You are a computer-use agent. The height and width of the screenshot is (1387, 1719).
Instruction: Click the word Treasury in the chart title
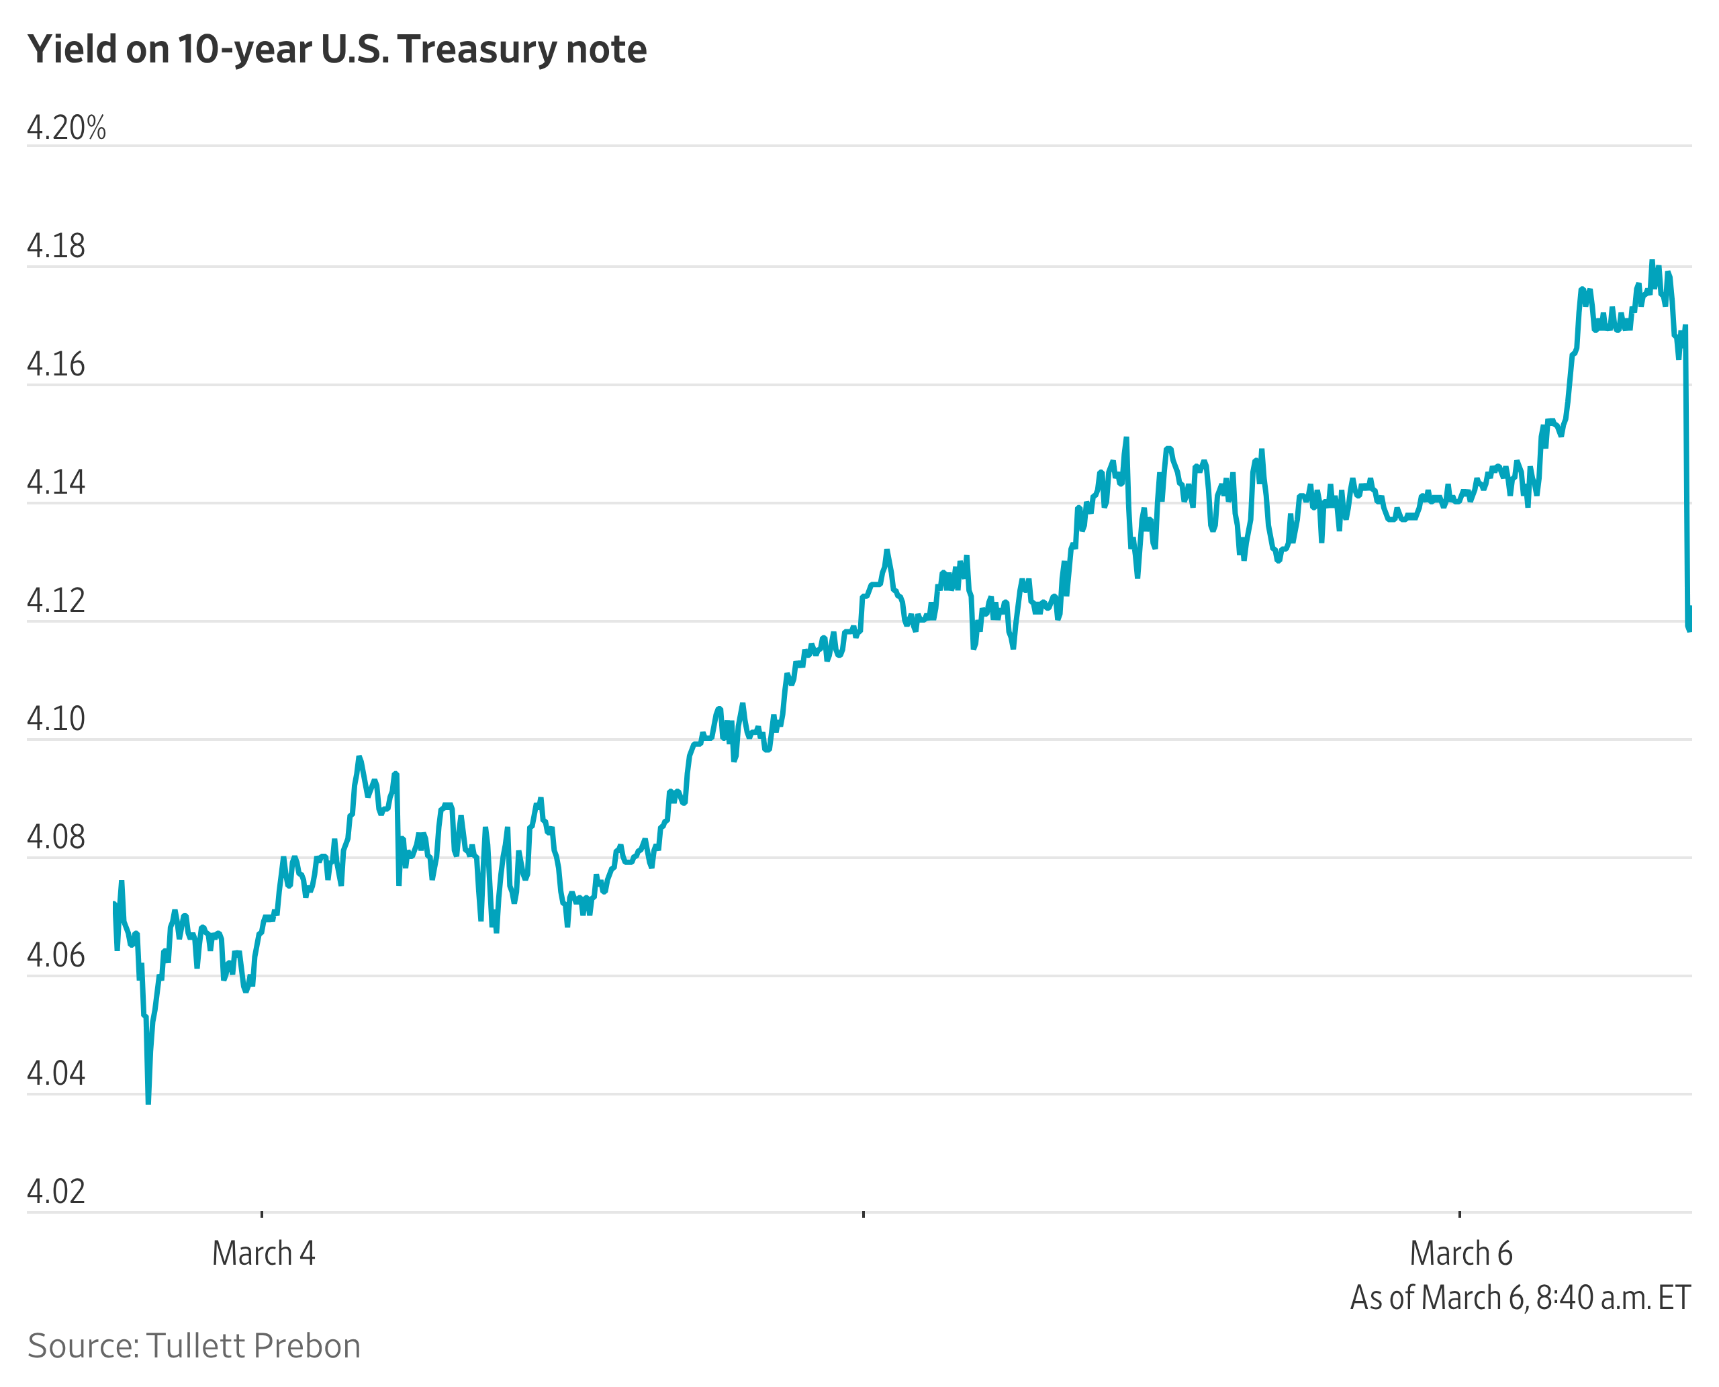coord(476,50)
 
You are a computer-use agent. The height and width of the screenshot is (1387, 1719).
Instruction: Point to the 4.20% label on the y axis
coord(66,128)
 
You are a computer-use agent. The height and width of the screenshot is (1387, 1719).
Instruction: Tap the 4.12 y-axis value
coord(56,601)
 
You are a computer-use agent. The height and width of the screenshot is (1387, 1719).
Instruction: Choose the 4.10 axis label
coord(56,719)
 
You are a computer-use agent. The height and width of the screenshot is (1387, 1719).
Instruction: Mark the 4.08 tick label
coord(56,838)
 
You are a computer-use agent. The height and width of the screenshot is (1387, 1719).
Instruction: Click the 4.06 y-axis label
coord(56,956)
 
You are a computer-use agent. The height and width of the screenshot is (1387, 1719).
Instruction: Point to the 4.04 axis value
coord(56,1074)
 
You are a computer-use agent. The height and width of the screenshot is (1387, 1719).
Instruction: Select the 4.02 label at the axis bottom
coord(56,1192)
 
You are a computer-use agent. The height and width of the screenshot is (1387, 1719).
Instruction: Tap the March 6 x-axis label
coord(1460,1253)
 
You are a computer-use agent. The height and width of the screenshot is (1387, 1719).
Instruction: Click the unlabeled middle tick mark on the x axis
coord(864,1214)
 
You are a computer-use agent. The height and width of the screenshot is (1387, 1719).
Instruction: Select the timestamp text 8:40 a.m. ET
coord(1613,1298)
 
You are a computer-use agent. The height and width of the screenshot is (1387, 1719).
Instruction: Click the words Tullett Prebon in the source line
coord(253,1346)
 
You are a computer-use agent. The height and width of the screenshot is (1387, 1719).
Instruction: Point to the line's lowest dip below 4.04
coord(148,1102)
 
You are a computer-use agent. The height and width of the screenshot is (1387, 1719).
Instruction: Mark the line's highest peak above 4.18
coord(1652,263)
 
